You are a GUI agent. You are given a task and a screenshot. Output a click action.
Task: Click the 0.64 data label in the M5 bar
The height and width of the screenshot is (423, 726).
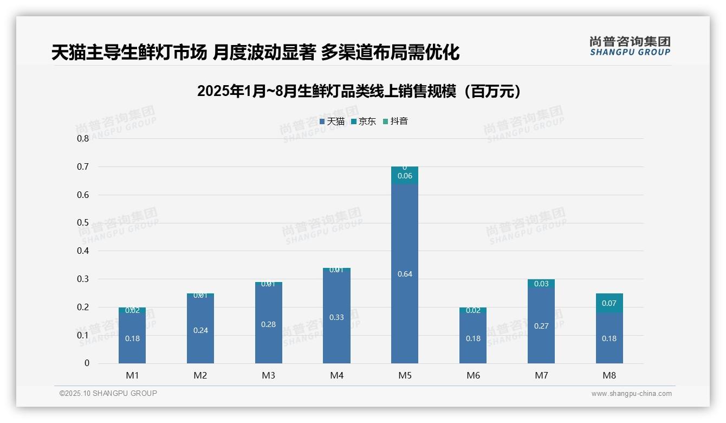pyautogui.click(x=405, y=274)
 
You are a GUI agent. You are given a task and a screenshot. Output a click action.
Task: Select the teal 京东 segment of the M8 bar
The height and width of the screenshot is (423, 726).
pyautogui.click(x=609, y=303)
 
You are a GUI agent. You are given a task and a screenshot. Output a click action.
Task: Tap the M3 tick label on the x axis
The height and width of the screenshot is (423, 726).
pyautogui.click(x=269, y=375)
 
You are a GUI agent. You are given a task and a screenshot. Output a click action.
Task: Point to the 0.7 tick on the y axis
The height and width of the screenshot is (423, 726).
pyautogui.click(x=83, y=166)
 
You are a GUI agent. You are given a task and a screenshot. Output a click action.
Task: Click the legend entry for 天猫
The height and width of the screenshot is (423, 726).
pyautogui.click(x=332, y=121)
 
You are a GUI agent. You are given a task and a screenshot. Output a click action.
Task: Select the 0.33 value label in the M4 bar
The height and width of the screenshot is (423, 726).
pyautogui.click(x=336, y=317)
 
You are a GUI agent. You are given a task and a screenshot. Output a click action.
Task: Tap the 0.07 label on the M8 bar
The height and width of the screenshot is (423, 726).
pyautogui.click(x=609, y=303)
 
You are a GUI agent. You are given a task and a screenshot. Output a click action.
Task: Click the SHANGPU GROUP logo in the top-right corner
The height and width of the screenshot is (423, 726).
pyautogui.click(x=630, y=46)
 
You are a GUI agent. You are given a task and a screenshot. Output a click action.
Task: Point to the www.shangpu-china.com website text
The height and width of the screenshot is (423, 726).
pyautogui.click(x=631, y=394)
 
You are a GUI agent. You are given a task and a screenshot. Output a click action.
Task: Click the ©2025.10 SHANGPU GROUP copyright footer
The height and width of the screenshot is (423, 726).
pyautogui.click(x=108, y=394)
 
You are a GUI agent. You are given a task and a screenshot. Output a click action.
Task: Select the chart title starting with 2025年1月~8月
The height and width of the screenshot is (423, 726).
pyautogui.click(x=359, y=91)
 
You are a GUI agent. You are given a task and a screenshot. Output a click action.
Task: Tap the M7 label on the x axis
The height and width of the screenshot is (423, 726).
pyautogui.click(x=541, y=375)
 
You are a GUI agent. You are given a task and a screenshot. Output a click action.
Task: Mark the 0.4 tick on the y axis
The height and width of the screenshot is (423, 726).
pyautogui.click(x=83, y=251)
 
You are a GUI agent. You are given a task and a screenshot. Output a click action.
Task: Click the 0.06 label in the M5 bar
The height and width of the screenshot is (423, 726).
pyautogui.click(x=405, y=176)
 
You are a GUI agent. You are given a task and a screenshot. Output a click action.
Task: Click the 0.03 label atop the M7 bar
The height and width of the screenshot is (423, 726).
pyautogui.click(x=541, y=284)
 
